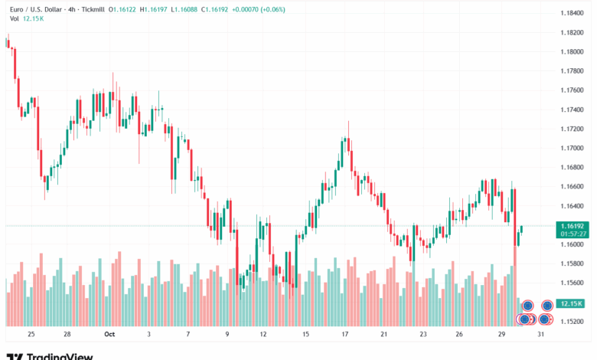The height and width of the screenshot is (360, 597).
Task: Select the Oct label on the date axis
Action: (109, 335)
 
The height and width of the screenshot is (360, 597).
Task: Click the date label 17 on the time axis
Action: (345, 335)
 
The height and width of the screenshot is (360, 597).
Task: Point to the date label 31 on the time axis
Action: (541, 335)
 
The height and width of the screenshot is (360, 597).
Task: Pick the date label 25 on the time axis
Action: (31, 335)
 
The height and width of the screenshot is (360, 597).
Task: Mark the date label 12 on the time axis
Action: (263, 335)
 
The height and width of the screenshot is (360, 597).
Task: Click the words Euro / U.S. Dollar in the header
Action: (35, 10)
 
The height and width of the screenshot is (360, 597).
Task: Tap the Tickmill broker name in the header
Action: (90, 10)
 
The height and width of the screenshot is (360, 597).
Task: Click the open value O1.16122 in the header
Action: (124, 10)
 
